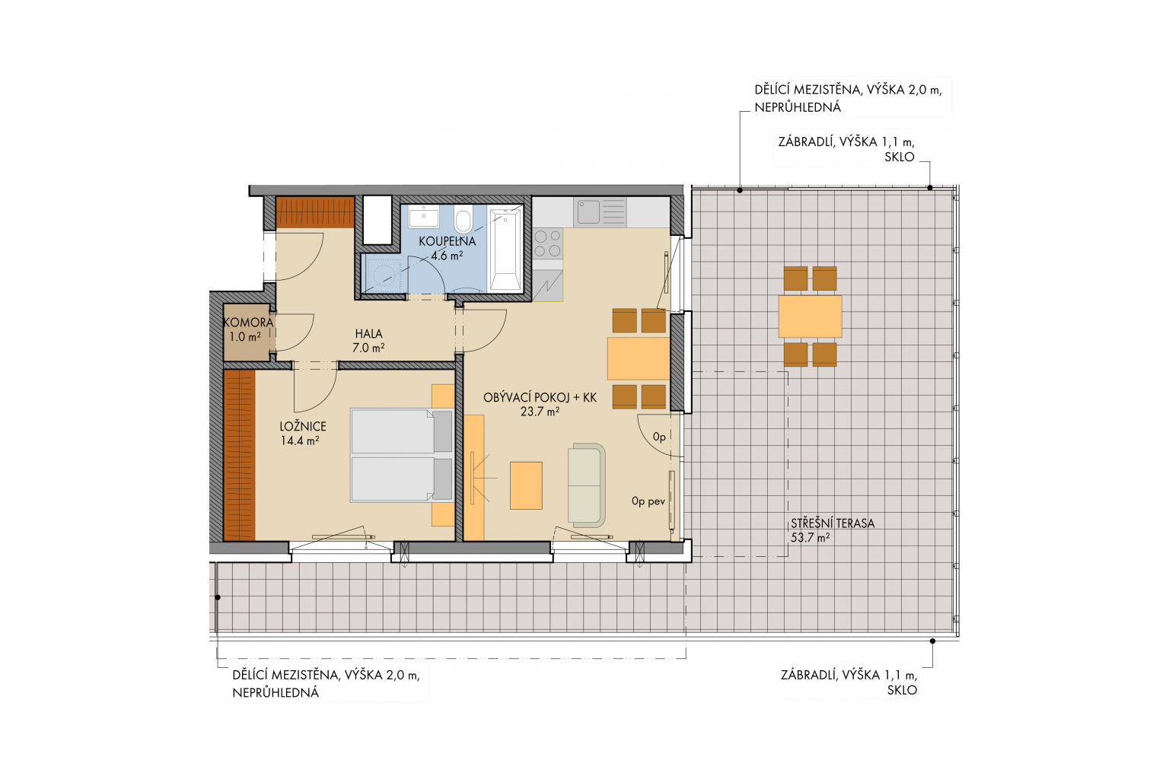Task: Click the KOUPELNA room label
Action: coord(448,242)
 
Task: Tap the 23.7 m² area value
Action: coord(540,412)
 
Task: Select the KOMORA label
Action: coord(248,323)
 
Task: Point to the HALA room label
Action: coord(369,333)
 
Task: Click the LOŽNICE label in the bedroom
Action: coord(303,426)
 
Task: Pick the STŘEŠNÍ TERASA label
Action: coord(833,523)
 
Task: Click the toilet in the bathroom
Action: coord(463,219)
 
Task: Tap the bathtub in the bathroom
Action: coord(505,248)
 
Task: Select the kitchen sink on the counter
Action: coord(600,211)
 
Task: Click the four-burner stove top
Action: coord(548,244)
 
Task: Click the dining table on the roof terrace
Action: coord(810,316)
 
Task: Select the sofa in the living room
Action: coord(587,485)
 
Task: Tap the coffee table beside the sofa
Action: coord(526,485)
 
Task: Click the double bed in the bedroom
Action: coord(402,456)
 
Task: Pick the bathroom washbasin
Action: coord(423,217)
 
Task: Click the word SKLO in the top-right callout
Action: coord(899,157)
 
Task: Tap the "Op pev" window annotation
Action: coord(648,501)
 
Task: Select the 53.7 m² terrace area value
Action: coord(810,537)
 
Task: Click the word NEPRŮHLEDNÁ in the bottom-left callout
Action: coord(276,693)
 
